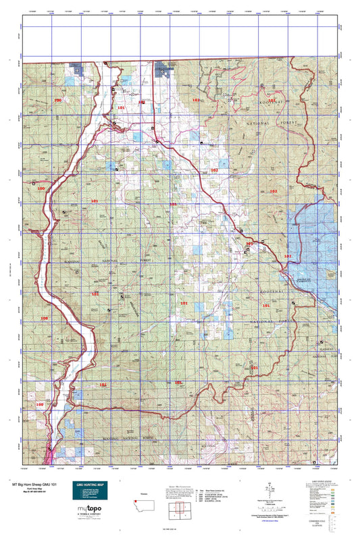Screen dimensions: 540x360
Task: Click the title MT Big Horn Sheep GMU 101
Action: click(32, 483)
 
